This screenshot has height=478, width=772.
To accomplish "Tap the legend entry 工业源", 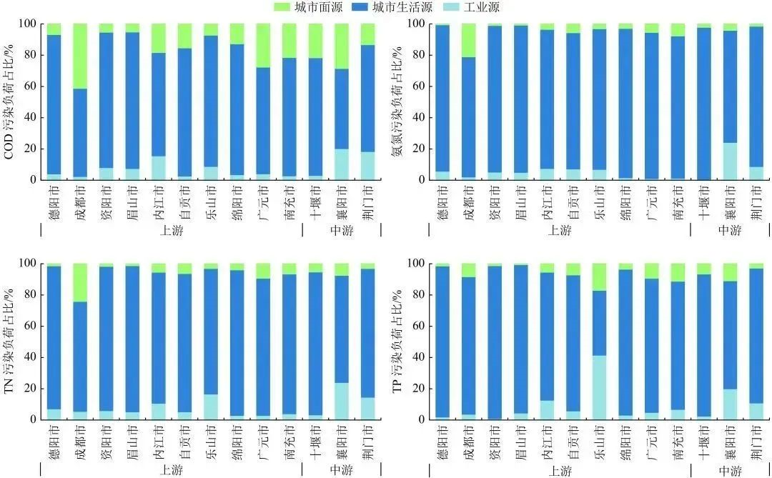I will click(x=472, y=8).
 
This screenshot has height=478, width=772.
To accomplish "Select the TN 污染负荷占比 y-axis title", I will click(x=11, y=341).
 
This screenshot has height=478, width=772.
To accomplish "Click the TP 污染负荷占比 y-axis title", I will click(x=414, y=341).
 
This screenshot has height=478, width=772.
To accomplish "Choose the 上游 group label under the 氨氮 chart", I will click(x=560, y=230).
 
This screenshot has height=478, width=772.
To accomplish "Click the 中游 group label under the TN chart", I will click(x=341, y=471).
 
